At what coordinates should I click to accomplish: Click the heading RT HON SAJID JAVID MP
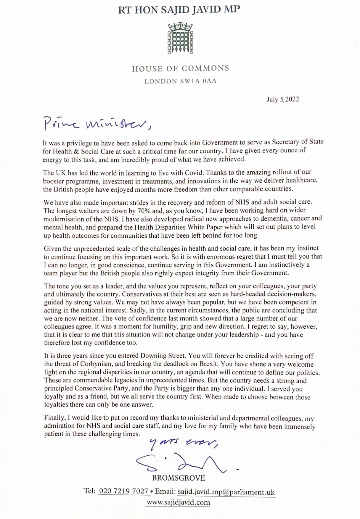[179, 10]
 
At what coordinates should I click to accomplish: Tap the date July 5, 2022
[282, 99]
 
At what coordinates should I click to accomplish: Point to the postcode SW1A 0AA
[198, 81]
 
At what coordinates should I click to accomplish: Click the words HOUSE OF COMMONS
[180, 69]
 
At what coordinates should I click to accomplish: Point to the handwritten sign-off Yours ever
[184, 442]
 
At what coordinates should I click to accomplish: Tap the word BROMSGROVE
[179, 478]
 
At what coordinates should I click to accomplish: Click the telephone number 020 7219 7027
[123, 491]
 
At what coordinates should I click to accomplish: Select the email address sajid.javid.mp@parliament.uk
[226, 492]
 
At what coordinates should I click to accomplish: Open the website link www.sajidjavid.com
[178, 502]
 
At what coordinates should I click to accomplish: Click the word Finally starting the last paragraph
[55, 418]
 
